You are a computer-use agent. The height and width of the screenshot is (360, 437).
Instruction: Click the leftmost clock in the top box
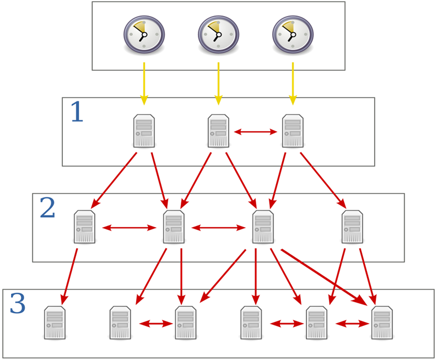144,34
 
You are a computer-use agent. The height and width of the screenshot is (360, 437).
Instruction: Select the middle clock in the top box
218,34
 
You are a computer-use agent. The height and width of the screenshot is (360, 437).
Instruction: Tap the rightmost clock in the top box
293,34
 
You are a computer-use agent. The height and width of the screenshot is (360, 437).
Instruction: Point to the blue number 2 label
47,208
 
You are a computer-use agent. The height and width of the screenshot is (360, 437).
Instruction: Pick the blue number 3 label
18,304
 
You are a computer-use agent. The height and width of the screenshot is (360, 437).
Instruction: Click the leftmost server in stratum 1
144,131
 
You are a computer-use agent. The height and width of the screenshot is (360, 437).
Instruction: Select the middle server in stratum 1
219,131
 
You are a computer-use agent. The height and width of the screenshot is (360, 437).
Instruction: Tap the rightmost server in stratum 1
293,131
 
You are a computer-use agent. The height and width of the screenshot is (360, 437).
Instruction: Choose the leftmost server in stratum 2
85,227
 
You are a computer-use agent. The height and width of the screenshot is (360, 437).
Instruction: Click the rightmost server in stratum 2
352,227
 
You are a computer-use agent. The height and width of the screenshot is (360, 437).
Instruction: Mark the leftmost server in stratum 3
55,323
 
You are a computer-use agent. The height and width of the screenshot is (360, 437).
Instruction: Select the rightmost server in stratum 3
382,323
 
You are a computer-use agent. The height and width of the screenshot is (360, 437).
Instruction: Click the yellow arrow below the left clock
144,83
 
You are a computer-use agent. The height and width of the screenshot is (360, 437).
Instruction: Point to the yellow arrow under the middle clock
218,83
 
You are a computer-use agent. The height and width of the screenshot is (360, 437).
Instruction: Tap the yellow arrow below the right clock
293,83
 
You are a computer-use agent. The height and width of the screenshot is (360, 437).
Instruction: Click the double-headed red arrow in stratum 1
256,132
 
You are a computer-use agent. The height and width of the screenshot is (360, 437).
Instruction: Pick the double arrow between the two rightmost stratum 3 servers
352,324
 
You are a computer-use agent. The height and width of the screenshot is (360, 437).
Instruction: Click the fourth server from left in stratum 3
251,323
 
